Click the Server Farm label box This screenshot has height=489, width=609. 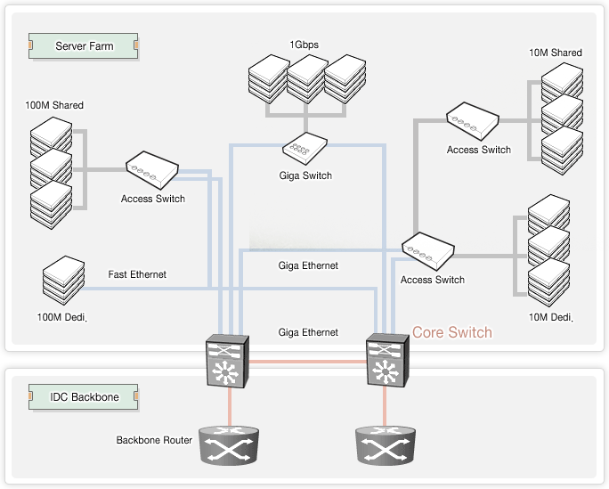pos(84,45)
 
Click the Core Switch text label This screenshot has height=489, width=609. pos(451,332)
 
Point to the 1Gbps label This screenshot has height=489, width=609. pos(304,44)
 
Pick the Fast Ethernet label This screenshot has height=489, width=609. pos(137,274)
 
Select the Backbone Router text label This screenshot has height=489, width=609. pos(154,440)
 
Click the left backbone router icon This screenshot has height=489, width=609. pos(229,444)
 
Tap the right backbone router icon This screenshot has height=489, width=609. pos(386,444)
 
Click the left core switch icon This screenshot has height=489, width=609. pos(228,361)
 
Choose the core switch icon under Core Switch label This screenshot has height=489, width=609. pos(386,361)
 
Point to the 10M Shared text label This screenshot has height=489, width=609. pos(555,53)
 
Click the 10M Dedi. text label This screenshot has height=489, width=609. pos(551,318)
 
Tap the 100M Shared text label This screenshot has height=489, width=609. pos(54,106)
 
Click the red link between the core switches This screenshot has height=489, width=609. pos(307,361)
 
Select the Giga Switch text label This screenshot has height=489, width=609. pos(305,175)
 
